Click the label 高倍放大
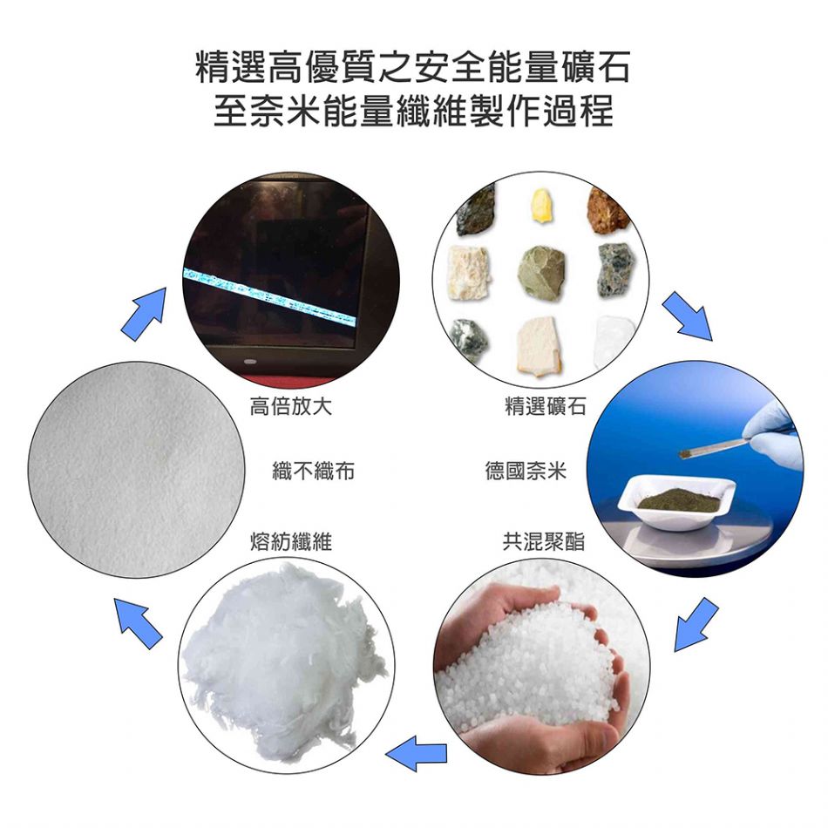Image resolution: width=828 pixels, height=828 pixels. (290, 406)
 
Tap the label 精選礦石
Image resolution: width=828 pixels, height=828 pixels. (546, 406)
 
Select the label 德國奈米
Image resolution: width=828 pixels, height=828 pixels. (526, 471)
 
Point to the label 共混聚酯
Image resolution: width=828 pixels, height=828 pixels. (543, 541)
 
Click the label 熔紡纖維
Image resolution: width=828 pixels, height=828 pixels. (291, 541)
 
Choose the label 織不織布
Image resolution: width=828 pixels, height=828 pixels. (313, 471)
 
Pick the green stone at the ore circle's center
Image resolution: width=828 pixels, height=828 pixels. (541, 273)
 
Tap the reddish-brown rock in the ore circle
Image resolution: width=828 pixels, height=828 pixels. (607, 210)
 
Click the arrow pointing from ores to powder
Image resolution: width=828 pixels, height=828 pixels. (687, 315)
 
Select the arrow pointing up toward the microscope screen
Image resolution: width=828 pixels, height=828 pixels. (144, 314)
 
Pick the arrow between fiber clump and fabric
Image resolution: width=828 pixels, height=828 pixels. (138, 623)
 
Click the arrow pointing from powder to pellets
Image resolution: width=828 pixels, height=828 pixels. (696, 624)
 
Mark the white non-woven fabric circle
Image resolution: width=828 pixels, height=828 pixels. (136, 470)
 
